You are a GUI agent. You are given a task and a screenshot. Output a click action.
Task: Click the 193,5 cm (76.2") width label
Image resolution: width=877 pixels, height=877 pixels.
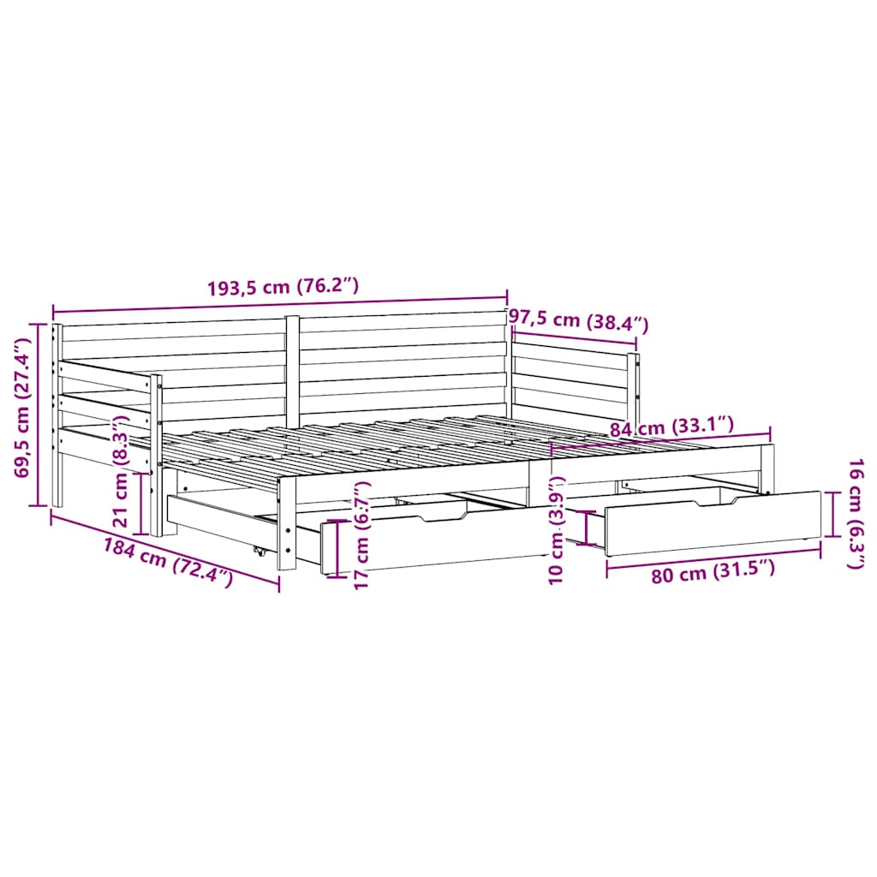point(282,288)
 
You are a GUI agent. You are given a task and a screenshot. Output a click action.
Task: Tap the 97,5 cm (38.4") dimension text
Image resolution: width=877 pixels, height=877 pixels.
point(579,321)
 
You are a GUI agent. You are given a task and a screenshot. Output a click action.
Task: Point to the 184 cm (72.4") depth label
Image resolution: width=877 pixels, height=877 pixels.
point(168,563)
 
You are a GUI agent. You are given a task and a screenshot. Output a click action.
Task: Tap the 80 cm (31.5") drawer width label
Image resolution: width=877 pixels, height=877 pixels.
point(713,572)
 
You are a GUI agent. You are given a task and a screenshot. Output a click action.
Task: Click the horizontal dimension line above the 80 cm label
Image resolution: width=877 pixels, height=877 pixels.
point(713,556)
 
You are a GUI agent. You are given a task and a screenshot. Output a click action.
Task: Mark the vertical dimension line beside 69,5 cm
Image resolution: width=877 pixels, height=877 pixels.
point(39,415)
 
